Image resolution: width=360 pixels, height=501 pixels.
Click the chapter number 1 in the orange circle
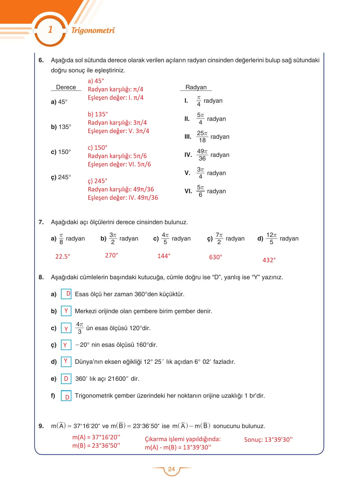pos(50,29)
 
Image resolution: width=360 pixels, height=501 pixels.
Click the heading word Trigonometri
pos(93,30)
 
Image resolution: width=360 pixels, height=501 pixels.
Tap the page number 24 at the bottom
pos(171,469)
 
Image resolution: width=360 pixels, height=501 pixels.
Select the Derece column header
pos(66,87)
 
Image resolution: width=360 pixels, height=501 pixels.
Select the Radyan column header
pos(196,87)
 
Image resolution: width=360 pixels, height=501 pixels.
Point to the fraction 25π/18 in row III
pos(202,137)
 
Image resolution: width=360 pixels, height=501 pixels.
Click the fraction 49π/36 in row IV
pos(202,155)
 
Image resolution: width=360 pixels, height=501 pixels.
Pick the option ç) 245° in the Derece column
pos(61,177)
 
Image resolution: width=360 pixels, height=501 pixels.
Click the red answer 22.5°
pos(62,257)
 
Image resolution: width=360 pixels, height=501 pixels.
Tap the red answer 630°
pos(215,257)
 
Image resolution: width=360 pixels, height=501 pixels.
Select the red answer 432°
pos(269,260)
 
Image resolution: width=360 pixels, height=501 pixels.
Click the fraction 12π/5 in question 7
pos(271,238)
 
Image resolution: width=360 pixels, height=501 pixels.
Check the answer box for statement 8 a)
pos(66,294)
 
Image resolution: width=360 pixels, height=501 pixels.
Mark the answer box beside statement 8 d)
pos(66,362)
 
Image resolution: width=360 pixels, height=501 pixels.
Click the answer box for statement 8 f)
pos(66,396)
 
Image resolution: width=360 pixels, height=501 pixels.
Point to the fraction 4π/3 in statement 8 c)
pos(79,328)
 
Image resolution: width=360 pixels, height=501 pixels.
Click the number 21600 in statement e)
pos(117,379)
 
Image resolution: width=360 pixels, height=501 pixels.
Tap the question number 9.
pos(41,426)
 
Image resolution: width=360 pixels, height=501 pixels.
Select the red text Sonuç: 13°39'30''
pos(268,440)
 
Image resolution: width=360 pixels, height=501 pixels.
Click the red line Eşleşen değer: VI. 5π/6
pos(119,164)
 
